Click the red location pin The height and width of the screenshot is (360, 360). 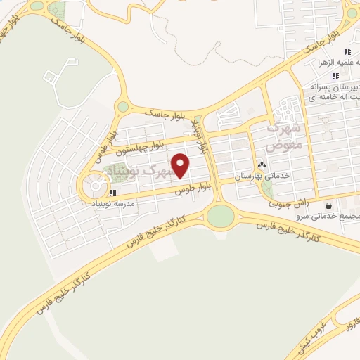[x=181, y=165]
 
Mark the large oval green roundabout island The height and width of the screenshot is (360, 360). [x=220, y=216]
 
